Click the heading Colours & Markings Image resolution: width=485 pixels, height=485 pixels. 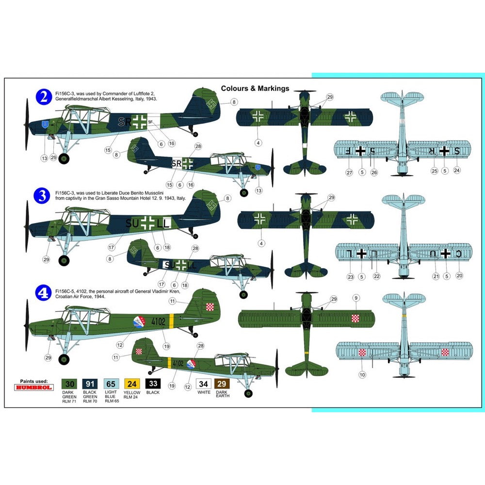click(x=255, y=88)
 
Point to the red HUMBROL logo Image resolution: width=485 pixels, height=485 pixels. click(x=34, y=388)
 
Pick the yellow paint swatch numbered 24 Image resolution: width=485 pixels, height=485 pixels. click(x=132, y=383)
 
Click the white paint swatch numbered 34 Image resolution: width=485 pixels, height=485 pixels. click(x=204, y=383)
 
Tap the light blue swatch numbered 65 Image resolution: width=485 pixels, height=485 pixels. click(x=110, y=383)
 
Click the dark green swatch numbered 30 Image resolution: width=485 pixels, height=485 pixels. click(x=69, y=383)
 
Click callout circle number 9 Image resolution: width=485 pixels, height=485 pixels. click(x=356, y=297)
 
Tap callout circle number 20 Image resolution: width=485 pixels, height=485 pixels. click(x=459, y=275)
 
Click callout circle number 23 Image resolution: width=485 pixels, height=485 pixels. click(x=350, y=277)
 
